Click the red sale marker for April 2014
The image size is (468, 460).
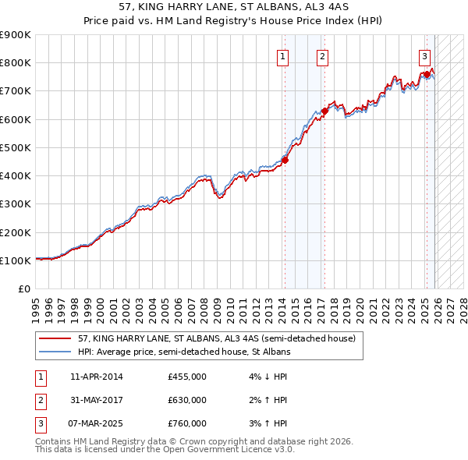tap(285, 161)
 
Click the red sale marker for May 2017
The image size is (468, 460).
tap(324, 111)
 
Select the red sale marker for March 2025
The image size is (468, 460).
tap(427, 74)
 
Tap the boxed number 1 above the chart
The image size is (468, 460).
tap(282, 55)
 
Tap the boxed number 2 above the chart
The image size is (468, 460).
tap(322, 55)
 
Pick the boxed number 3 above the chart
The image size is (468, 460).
tap(424, 55)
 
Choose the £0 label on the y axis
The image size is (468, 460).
tap(23, 288)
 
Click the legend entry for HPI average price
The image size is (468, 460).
tap(184, 352)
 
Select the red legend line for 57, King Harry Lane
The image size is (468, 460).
tap(55, 339)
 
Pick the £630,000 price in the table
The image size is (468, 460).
tap(187, 400)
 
